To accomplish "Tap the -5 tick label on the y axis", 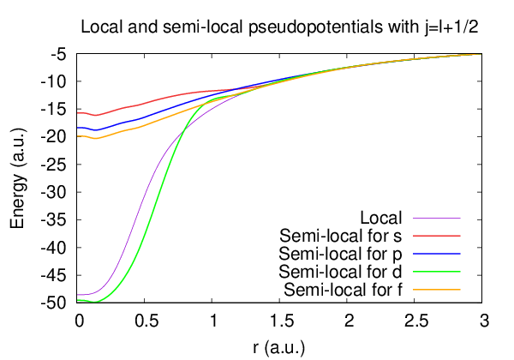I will tap(60, 54).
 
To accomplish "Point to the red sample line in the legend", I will tap(437, 235).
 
